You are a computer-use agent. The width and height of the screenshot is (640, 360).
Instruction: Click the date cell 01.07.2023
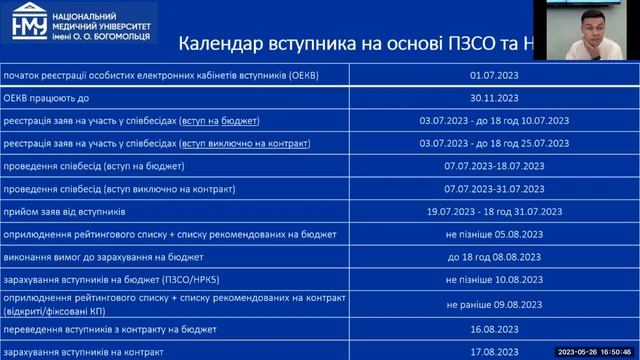[494, 75]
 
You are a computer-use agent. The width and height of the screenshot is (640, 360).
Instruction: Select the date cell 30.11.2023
[494, 98]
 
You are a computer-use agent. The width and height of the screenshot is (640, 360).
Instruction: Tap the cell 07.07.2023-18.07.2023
[494, 166]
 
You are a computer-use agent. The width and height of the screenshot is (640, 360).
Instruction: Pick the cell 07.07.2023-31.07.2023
[494, 189]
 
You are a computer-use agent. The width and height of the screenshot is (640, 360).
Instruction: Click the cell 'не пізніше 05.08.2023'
[494, 235]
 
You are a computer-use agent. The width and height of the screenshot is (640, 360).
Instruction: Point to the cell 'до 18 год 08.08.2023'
[494, 258]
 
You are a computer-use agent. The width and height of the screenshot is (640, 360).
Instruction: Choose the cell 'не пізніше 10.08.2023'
[494, 281]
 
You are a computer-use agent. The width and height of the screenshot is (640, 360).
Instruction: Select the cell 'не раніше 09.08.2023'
[494, 304]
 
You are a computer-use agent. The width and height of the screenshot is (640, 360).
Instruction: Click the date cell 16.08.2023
[494, 328]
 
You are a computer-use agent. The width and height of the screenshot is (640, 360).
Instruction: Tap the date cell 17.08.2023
[494, 351]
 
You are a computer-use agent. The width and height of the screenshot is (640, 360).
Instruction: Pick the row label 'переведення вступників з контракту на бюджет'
[109, 328]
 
